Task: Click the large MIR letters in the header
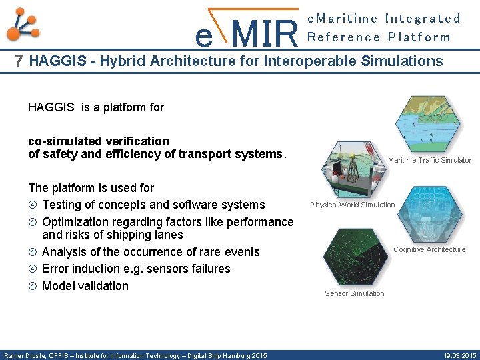[x=266, y=33]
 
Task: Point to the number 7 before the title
[x=19, y=62]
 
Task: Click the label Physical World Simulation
[x=352, y=205]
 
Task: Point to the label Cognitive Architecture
[x=429, y=249]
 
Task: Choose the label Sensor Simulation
[x=354, y=293]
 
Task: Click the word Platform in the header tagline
[x=419, y=37]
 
